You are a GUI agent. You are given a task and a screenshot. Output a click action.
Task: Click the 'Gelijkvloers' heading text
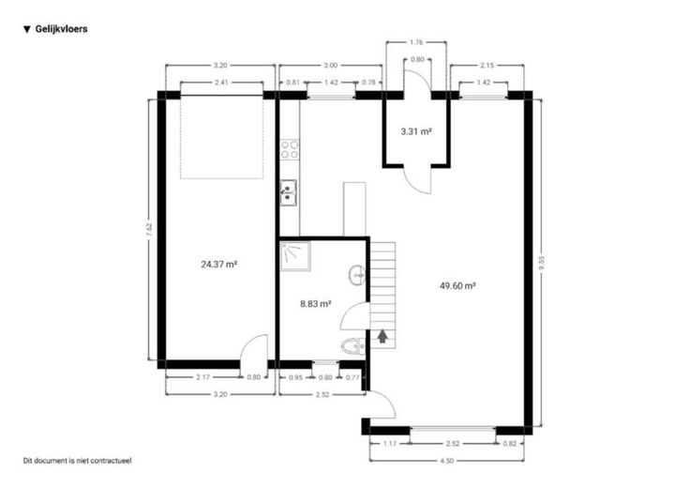(61, 29)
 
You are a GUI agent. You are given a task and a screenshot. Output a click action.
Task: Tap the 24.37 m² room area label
(219, 265)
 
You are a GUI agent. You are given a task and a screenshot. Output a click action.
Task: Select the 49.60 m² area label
(457, 286)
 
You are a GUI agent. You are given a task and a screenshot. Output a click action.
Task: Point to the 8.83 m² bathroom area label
(316, 303)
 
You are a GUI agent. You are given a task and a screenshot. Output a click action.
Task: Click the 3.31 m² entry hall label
(416, 131)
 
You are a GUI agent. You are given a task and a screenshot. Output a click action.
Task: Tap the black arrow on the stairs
(382, 336)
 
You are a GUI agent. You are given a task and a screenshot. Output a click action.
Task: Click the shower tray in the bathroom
(295, 256)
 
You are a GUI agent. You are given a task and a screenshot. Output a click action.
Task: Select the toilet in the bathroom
(352, 346)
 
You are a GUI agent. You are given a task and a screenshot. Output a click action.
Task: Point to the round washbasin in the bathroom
(357, 275)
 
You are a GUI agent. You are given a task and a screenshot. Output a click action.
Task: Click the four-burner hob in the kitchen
(290, 149)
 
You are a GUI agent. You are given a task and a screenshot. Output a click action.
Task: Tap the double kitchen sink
(289, 193)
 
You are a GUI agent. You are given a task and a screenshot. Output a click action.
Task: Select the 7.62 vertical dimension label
(149, 230)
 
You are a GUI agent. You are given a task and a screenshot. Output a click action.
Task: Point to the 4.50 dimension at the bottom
(446, 461)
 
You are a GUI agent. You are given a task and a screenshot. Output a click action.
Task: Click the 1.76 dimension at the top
(416, 42)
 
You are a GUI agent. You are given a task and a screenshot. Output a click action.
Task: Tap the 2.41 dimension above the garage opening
(221, 83)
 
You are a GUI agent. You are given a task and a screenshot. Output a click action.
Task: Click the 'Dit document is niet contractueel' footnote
(78, 461)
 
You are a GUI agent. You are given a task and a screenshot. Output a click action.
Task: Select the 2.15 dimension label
(487, 65)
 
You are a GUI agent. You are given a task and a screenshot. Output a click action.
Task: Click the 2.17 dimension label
(202, 377)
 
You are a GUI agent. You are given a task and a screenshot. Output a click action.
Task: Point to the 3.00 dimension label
(330, 65)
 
